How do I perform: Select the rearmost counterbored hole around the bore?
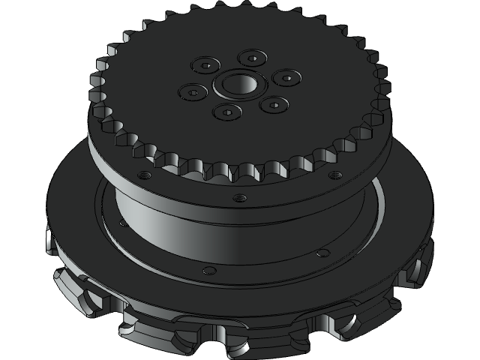252,58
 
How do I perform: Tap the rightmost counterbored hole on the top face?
286,76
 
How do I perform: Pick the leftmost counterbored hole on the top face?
193,92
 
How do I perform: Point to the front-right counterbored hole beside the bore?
274,103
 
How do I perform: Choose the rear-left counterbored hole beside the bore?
205,65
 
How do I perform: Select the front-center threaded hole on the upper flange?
239,198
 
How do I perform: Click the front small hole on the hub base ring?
210,270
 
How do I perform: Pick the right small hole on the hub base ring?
322,253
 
